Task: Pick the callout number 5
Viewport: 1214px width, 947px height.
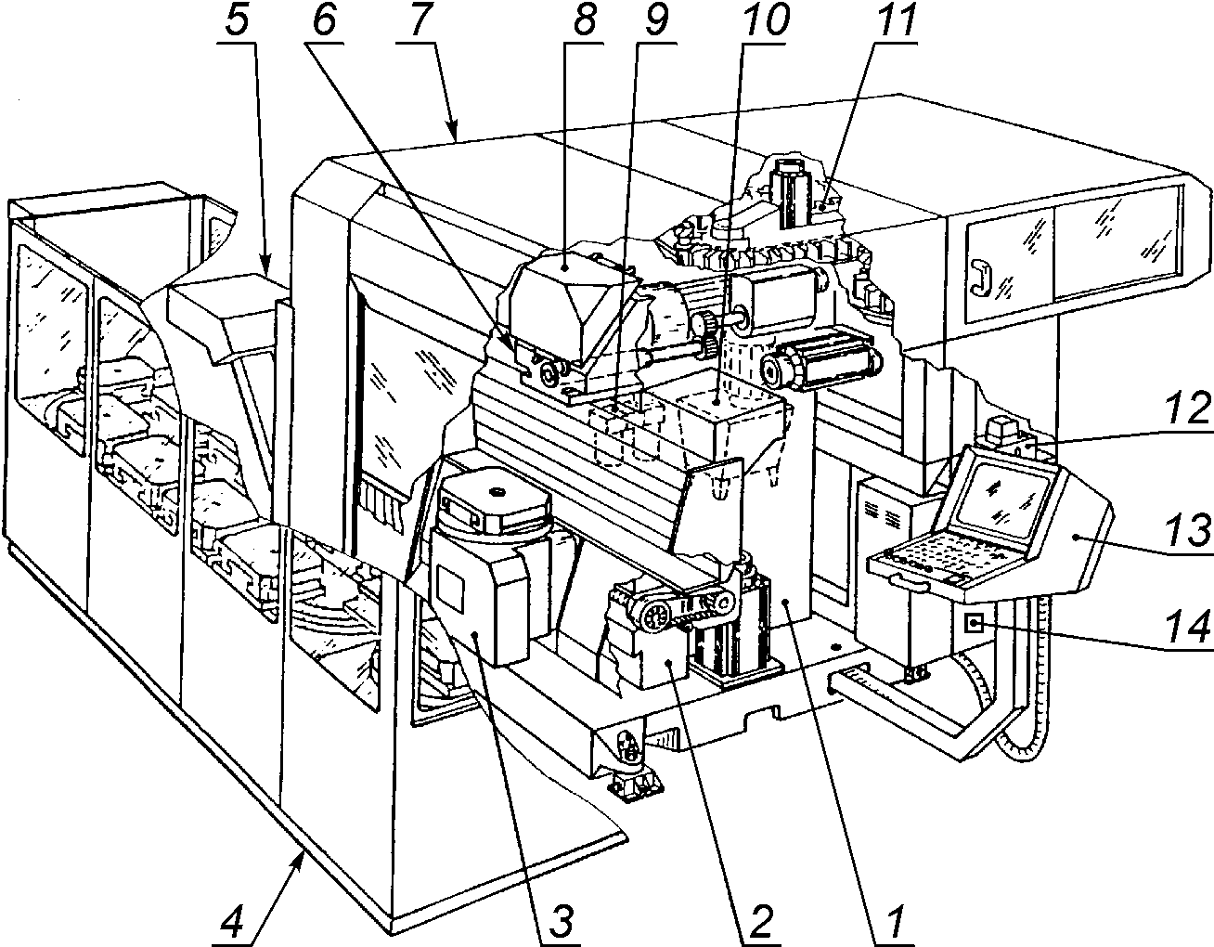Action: pyautogui.click(x=237, y=19)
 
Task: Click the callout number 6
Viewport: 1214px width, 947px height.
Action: pyautogui.click(x=325, y=19)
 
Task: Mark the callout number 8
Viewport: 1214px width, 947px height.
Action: pyautogui.click(x=583, y=19)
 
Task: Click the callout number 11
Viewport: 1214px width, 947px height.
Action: pyautogui.click(x=892, y=19)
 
